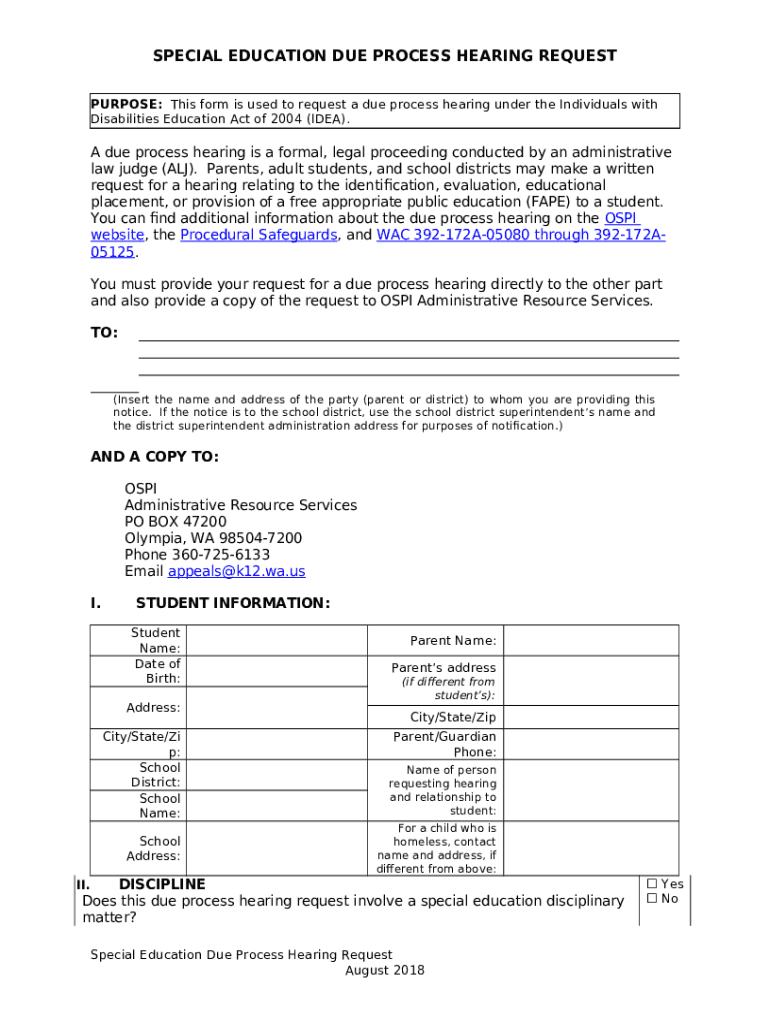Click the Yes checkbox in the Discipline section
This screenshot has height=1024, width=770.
click(x=652, y=884)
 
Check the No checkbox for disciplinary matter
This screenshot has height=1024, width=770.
click(x=652, y=899)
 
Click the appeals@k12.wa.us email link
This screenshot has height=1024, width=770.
click(x=236, y=571)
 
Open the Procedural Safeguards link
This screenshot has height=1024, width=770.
click(x=258, y=235)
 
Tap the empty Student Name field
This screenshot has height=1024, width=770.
click(x=276, y=640)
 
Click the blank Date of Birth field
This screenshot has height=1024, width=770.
click(x=276, y=671)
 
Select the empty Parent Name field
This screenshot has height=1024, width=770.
click(x=589, y=640)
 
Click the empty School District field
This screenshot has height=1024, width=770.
click(x=276, y=775)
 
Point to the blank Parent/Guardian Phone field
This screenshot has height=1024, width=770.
click(x=589, y=744)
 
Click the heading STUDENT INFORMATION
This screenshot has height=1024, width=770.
click(x=232, y=603)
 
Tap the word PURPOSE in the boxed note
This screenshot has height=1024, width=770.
click(x=126, y=104)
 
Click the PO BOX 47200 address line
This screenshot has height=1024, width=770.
click(x=175, y=522)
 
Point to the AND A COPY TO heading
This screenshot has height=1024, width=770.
click(x=154, y=457)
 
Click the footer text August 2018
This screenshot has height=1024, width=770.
click(x=385, y=970)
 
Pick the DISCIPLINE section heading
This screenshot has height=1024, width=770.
click(x=162, y=884)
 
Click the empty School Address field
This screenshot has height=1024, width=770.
click(x=276, y=848)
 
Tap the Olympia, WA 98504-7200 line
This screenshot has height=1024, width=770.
click(x=213, y=538)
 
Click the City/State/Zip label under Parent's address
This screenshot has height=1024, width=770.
click(x=452, y=717)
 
